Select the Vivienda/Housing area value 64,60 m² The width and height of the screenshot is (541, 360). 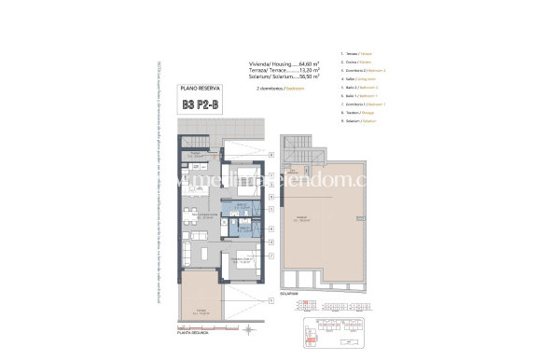click(307, 63)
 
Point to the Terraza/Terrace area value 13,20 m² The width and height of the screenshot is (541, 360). click(307, 70)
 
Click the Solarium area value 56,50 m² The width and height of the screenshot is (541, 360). click(307, 76)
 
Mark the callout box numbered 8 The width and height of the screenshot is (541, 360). click(270, 153)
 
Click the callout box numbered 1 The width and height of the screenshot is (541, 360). click(270, 301)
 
